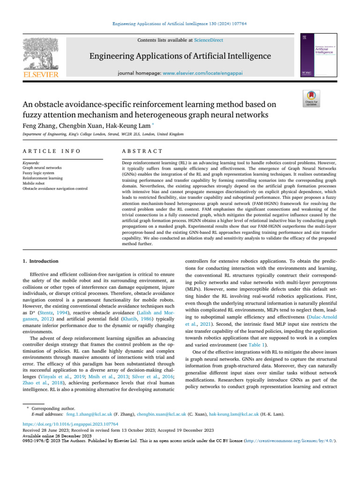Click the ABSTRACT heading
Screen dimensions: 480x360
coord(142,151)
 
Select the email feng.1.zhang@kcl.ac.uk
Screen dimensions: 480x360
coord(89,414)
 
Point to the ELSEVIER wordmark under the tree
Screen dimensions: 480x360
coord(41,75)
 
